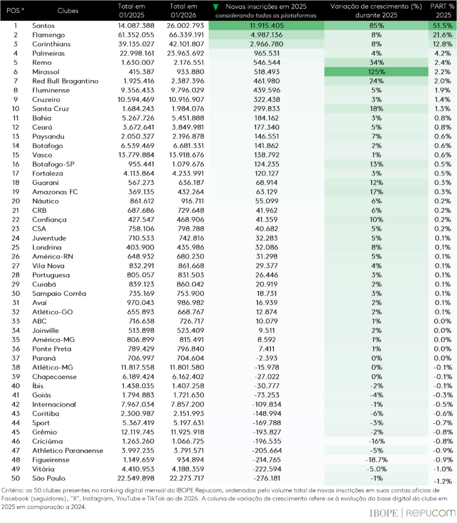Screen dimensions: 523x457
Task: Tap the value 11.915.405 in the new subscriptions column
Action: [x=267, y=26]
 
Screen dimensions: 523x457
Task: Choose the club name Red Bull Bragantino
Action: [x=65, y=80]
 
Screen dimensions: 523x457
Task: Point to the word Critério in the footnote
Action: [x=14, y=492]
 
